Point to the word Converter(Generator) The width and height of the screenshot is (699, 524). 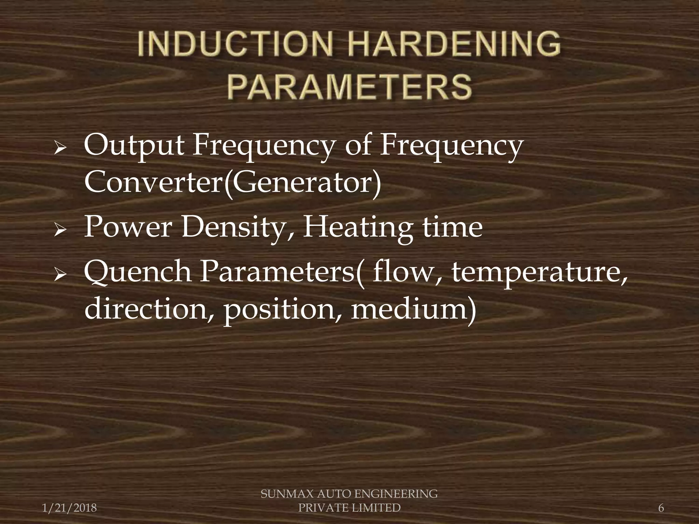(x=232, y=181)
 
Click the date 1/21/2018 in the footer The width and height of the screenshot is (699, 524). (x=69, y=508)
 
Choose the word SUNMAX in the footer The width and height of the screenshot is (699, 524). (x=282, y=494)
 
